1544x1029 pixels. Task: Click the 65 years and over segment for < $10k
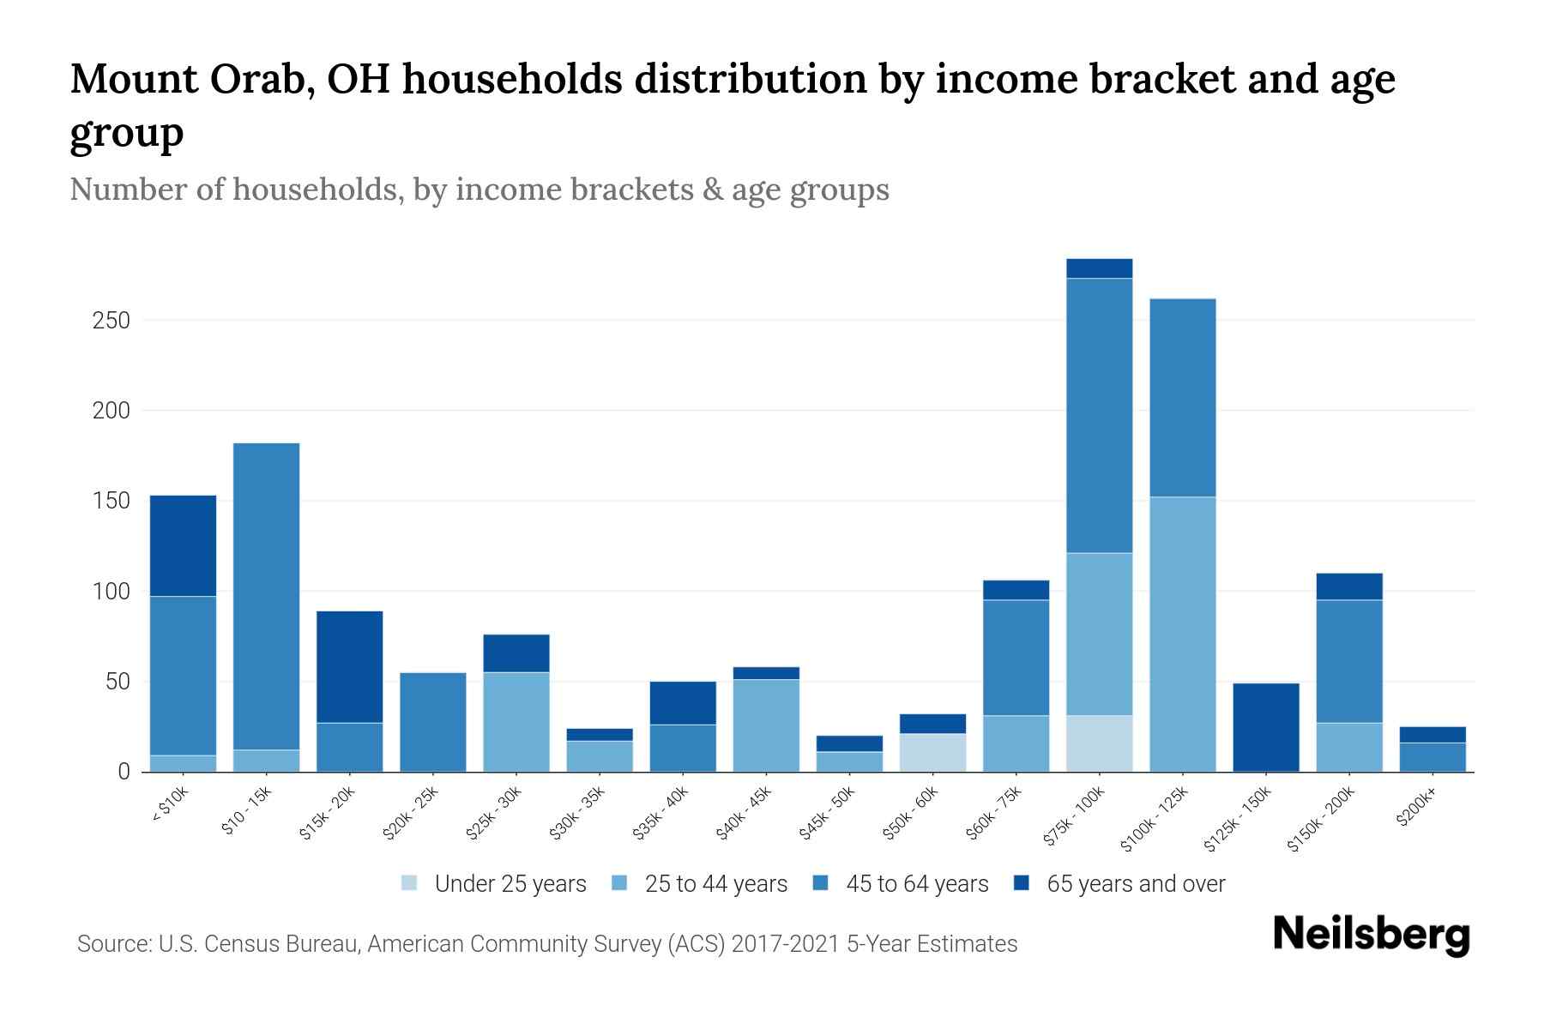point(183,545)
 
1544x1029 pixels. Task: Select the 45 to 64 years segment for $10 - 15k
point(266,596)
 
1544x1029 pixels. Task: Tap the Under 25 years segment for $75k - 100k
point(1099,743)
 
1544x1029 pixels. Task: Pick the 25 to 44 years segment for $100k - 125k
point(1182,634)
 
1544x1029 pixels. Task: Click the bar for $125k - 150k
point(1265,727)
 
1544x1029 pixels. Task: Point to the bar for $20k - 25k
point(433,722)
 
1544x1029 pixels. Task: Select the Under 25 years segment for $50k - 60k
point(932,753)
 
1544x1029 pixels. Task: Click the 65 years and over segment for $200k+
point(1432,735)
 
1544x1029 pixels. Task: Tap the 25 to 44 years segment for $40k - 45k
point(766,725)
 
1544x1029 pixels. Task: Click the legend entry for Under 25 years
point(510,884)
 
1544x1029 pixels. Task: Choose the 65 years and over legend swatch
point(1022,883)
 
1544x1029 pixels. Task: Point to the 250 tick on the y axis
point(111,321)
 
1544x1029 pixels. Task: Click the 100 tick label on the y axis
point(111,592)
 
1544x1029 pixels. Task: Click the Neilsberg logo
point(1371,935)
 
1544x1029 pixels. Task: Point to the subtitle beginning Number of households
point(479,189)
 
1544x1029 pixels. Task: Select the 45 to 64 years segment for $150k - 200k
point(1348,661)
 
